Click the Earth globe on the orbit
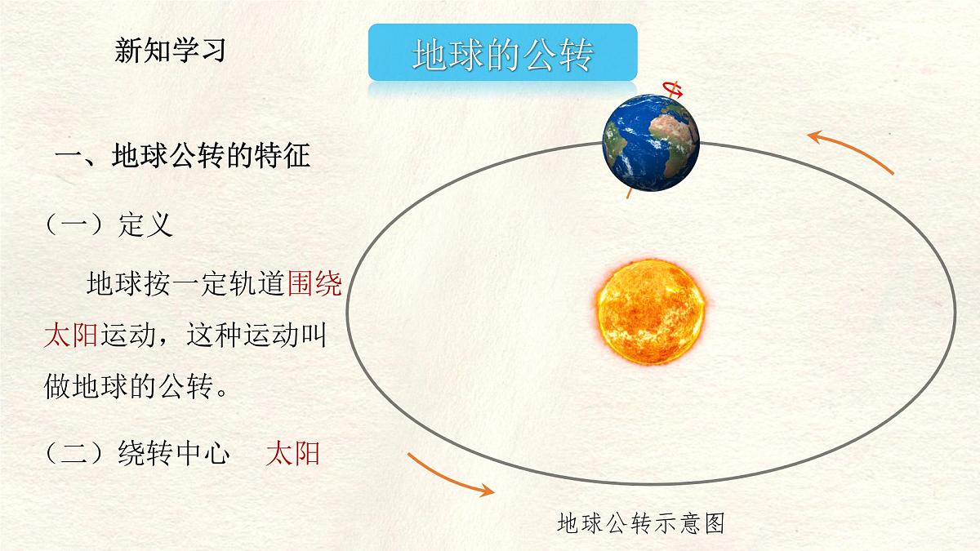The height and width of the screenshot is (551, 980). [x=651, y=143]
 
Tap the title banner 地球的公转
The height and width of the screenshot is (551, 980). [x=502, y=54]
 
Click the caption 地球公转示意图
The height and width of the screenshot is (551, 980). [x=641, y=523]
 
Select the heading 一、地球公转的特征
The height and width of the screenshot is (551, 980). [x=182, y=155]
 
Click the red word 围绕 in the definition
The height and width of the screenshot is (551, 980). [x=314, y=285]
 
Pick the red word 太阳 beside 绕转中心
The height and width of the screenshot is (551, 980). [x=292, y=454]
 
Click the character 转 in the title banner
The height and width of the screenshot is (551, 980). [x=572, y=54]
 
